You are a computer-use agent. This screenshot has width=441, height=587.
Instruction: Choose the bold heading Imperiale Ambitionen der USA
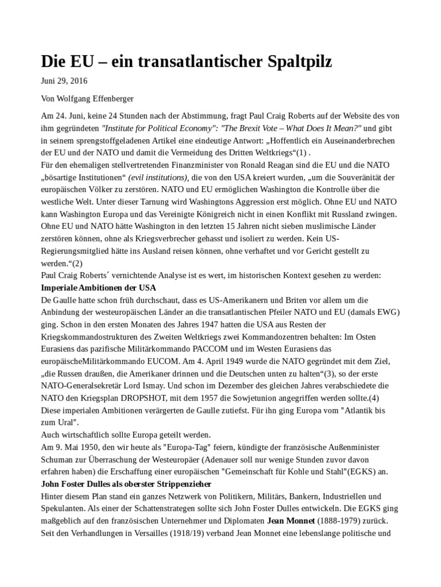click(99, 288)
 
